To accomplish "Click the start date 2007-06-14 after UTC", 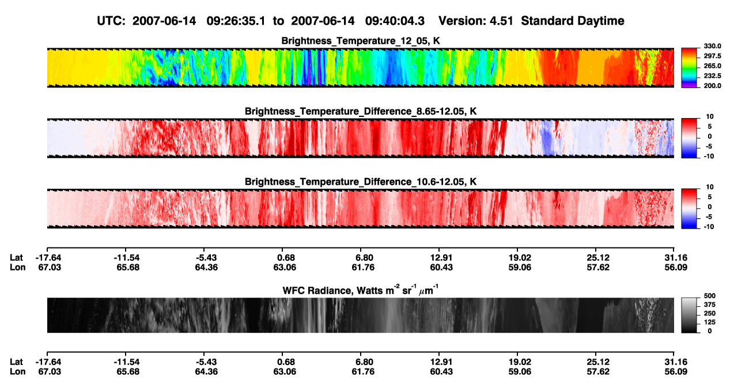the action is coord(164,21).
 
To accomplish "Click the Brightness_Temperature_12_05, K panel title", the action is coord(361,41).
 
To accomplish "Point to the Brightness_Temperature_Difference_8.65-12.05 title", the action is coord(361,111).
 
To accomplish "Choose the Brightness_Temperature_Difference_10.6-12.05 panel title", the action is coord(361,182).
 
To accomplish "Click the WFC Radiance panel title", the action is coord(361,290).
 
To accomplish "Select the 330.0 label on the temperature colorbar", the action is coord(712,46).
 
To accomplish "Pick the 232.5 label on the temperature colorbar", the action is coord(712,76).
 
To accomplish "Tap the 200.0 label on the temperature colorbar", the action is coord(712,86).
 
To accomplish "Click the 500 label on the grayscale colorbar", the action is coord(710,296).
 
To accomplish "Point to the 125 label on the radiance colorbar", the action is coord(710,322).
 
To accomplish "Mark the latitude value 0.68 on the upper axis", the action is coord(286,258).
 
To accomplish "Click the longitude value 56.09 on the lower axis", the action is coord(675,372).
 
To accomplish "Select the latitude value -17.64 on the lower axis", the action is coord(48,362).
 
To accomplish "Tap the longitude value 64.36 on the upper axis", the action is coord(206,267).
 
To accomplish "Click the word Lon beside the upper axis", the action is coord(17,267).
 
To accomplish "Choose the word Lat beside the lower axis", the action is coord(16,362).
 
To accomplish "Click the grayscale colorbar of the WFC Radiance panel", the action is coord(689,315).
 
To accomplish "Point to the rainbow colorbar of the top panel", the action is coord(689,68).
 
